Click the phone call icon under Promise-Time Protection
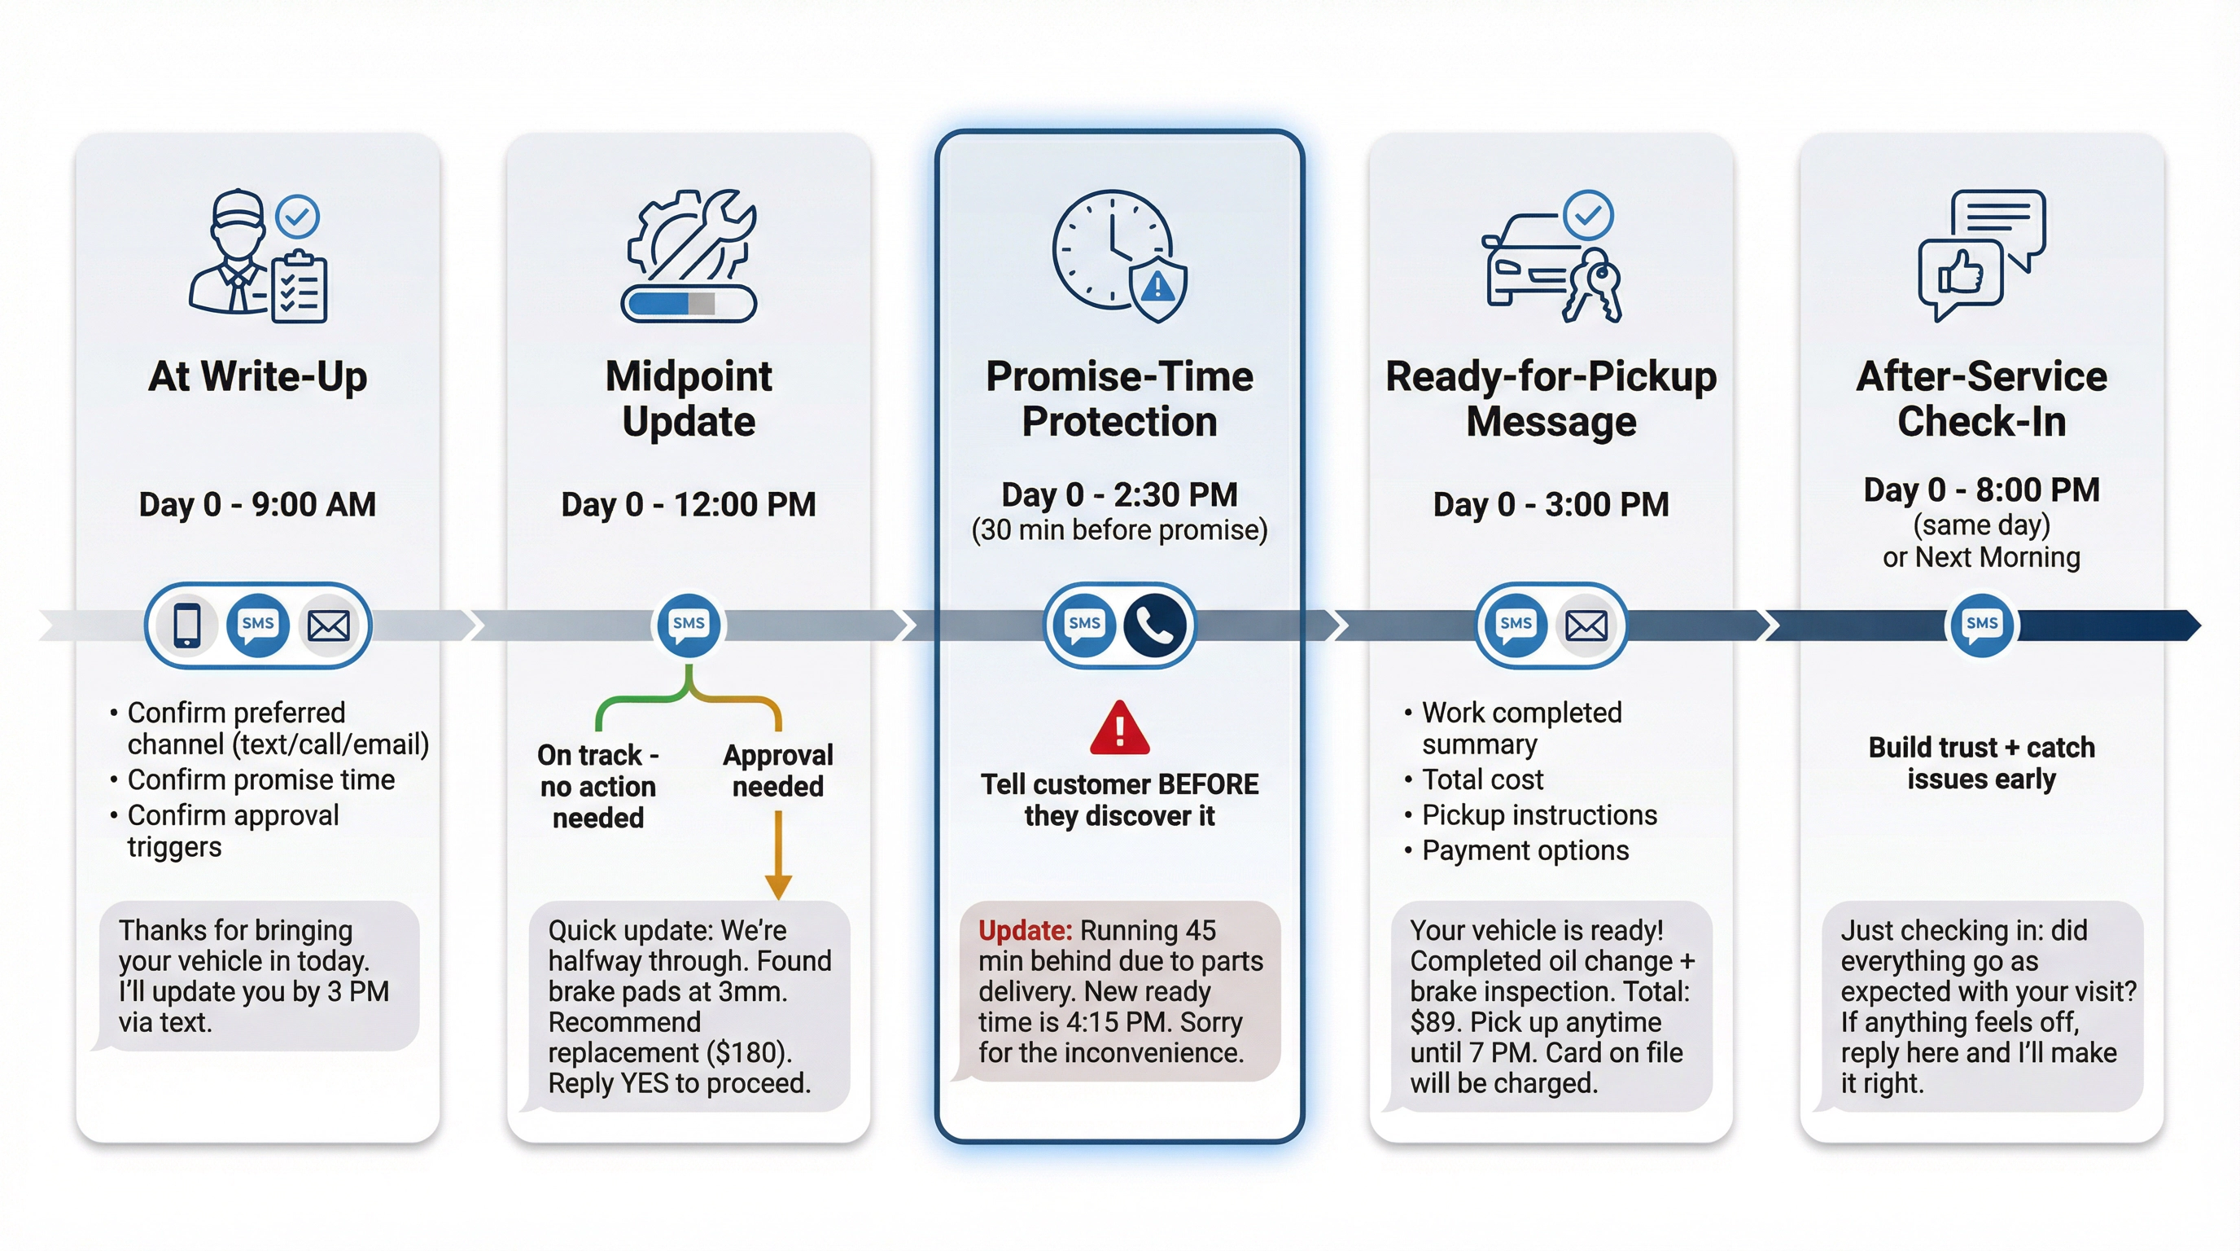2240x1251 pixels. click(x=1155, y=625)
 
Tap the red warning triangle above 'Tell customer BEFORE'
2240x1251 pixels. click(x=1119, y=729)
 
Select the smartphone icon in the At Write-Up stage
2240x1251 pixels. click(x=187, y=625)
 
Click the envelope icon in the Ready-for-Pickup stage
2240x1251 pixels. click(x=1586, y=625)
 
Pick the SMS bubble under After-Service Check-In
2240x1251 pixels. click(x=1981, y=625)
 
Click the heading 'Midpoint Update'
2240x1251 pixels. click(x=688, y=398)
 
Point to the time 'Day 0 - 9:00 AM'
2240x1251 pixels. click(x=257, y=505)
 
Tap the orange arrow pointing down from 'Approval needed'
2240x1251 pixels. click(x=777, y=857)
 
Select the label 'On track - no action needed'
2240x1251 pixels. click(x=598, y=786)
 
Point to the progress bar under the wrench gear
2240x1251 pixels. click(x=688, y=303)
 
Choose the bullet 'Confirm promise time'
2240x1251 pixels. click(x=260, y=779)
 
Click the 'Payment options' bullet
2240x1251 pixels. click(x=1525, y=850)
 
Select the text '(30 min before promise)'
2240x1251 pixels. click(x=1119, y=531)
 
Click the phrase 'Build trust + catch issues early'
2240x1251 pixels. click(x=1981, y=763)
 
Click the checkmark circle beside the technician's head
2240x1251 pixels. click(x=297, y=216)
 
